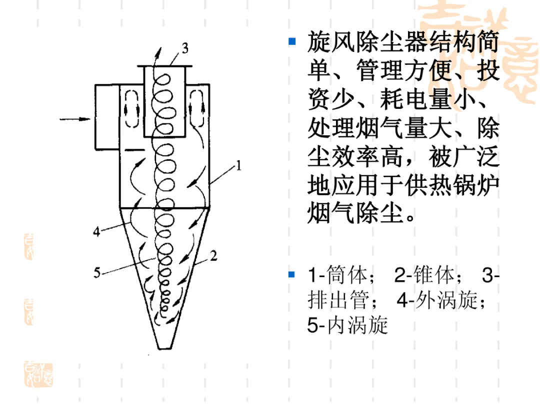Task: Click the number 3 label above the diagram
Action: point(185,48)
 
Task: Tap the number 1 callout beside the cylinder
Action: point(238,166)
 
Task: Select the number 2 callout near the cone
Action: point(213,256)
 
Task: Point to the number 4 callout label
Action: point(97,231)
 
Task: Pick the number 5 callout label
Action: point(97,273)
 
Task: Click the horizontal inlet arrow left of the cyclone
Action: point(74,119)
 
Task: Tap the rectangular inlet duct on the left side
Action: point(107,117)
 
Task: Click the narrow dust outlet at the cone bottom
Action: point(164,345)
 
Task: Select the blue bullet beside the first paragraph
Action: point(292,41)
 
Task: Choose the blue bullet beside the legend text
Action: point(292,274)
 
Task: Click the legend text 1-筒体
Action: point(341,275)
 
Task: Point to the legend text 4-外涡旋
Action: point(441,300)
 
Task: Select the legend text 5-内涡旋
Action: point(347,325)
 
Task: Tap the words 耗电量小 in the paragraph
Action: point(427,99)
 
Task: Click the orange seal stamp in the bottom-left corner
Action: point(38,375)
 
